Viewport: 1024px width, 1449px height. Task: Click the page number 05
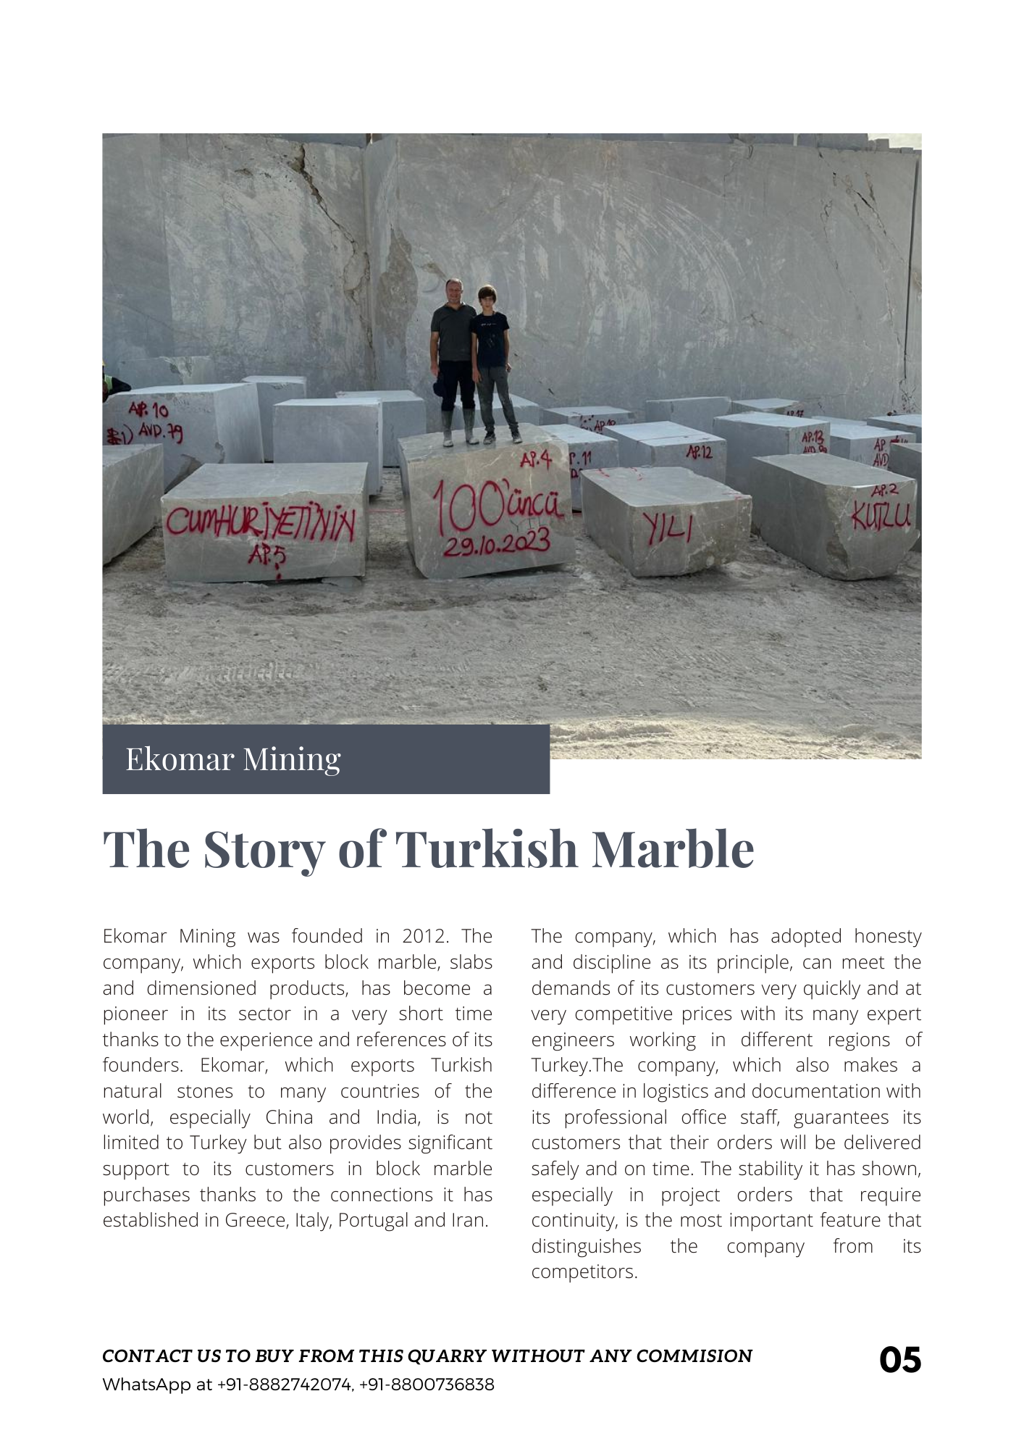click(x=899, y=1360)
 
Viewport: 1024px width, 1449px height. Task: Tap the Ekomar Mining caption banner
click(x=326, y=759)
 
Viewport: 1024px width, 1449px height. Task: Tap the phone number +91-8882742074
click(x=285, y=1385)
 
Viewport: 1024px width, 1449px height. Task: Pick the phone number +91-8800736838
click(x=427, y=1385)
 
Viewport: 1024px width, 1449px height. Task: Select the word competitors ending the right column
click(x=584, y=1271)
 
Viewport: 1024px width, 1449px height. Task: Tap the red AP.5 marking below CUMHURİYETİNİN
click(x=267, y=556)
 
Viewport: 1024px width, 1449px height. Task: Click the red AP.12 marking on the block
click(x=699, y=452)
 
